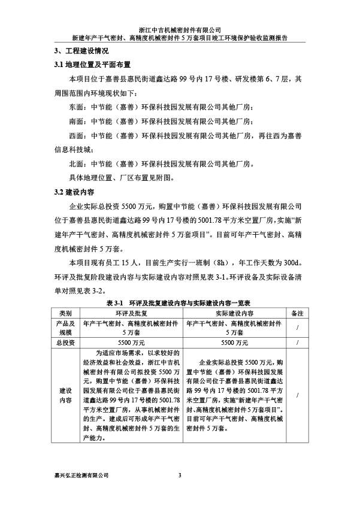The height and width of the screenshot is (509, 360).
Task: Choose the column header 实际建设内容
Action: [x=234, y=313]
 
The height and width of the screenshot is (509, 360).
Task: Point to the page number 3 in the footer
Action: [x=180, y=476]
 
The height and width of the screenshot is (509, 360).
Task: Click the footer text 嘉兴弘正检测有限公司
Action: [x=81, y=476]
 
